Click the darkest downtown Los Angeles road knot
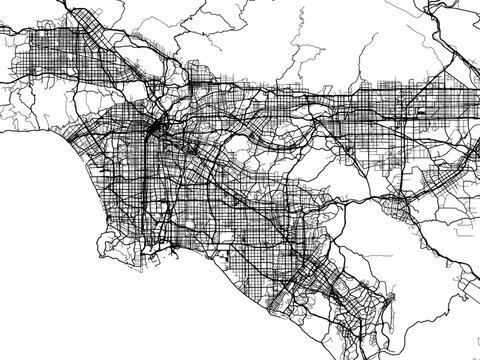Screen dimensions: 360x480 click(x=158, y=130)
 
